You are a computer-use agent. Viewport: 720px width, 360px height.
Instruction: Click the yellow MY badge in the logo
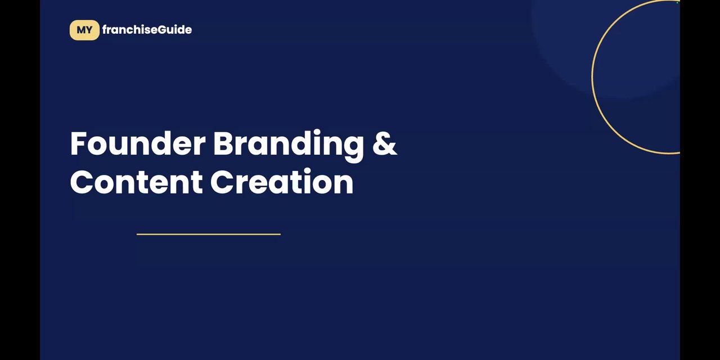(84, 30)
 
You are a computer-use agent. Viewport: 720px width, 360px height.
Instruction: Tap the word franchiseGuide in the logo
(147, 30)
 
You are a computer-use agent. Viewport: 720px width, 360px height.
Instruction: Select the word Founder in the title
(138, 143)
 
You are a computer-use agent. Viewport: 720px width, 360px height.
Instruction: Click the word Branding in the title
(289, 146)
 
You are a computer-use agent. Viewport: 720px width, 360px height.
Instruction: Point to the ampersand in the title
(384, 143)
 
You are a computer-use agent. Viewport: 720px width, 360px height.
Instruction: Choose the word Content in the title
(136, 182)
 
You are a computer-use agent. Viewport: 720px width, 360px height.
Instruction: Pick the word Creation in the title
(282, 181)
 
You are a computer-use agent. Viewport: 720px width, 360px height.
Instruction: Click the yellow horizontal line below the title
(209, 235)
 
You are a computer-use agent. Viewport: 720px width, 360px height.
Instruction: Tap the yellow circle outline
(592, 77)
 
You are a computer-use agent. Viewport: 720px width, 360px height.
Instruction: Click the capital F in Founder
(78, 143)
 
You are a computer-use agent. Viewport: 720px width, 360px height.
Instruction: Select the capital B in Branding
(223, 143)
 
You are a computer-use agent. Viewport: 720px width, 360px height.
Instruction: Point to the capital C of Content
(82, 182)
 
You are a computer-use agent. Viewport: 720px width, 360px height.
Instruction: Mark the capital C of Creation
(222, 182)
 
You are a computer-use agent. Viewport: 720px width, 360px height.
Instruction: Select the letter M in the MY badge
(80, 30)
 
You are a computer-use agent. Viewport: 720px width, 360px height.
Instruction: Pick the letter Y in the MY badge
(89, 30)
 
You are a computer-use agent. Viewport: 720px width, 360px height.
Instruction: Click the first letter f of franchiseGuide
(105, 30)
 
